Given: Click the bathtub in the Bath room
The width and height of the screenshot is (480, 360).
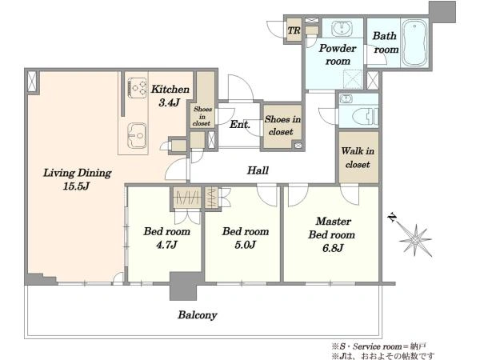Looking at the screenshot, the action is tap(414, 43).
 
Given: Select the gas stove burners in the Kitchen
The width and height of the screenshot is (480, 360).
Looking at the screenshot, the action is tap(137, 88).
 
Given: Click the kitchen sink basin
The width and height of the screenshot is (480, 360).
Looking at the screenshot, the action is tap(137, 136).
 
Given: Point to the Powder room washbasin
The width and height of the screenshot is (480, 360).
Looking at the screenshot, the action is tap(342, 29).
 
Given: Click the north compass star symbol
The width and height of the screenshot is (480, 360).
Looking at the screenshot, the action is tap(415, 240).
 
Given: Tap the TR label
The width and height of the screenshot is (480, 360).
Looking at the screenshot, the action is tap(294, 30).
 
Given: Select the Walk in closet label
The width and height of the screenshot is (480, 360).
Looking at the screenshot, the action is tap(358, 158).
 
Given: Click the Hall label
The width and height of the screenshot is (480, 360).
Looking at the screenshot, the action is tap(258, 170).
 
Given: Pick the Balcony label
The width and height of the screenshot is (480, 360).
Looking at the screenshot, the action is tap(198, 315).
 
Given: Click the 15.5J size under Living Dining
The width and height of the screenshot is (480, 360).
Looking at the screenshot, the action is tap(76, 186).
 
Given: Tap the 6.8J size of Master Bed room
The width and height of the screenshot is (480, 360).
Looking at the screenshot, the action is tap(333, 248).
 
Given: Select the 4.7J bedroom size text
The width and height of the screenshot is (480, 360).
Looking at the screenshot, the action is tap(167, 245).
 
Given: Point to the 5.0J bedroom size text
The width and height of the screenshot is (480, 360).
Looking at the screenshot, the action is tap(246, 245).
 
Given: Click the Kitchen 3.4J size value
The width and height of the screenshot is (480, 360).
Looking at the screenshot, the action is tap(169, 102).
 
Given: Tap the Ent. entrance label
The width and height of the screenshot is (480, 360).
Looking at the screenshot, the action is tap(240, 124).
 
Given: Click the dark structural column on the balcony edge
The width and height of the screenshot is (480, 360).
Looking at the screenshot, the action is tap(184, 286).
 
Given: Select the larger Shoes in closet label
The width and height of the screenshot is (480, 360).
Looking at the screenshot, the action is tap(282, 126).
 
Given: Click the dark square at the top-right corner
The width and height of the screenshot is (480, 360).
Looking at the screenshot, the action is tap(442, 12).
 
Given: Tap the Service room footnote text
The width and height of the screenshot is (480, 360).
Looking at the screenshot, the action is tap(378, 346).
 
